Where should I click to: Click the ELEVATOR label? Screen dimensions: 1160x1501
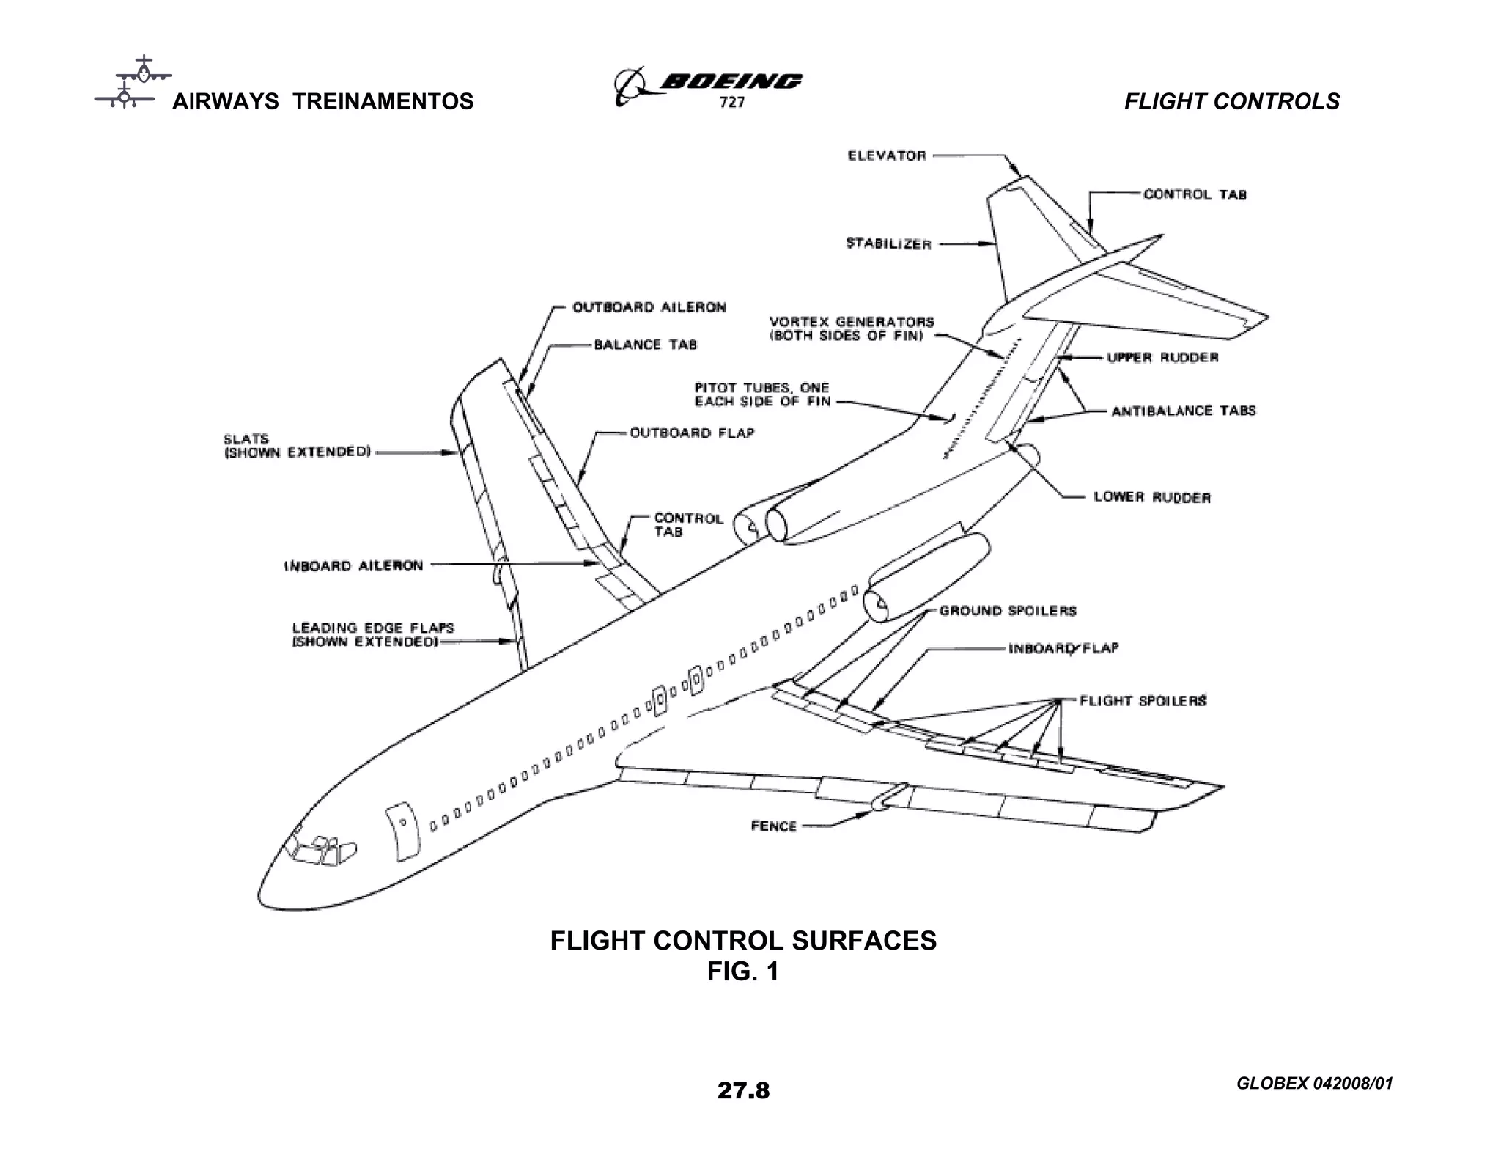click(x=887, y=155)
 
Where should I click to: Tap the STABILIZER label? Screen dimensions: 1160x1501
click(x=888, y=243)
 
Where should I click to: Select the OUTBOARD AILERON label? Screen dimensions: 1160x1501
click(x=649, y=307)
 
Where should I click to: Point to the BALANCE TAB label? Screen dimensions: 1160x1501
click(x=645, y=345)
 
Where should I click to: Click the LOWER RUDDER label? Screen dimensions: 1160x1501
click(x=1152, y=497)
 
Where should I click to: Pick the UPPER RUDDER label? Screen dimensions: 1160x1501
click(x=1162, y=358)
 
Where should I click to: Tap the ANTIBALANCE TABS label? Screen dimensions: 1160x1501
click(x=1183, y=411)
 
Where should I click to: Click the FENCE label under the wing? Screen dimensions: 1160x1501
click(x=773, y=826)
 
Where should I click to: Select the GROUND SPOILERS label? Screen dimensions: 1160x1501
click(x=1008, y=611)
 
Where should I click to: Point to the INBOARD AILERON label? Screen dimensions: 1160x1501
click(x=353, y=566)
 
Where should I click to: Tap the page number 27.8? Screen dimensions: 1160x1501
click(x=743, y=1091)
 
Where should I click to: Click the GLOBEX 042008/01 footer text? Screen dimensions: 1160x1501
click(x=1314, y=1084)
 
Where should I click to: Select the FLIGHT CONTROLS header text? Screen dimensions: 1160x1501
click(x=1231, y=101)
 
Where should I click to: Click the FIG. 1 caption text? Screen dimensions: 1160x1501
click(x=742, y=972)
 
